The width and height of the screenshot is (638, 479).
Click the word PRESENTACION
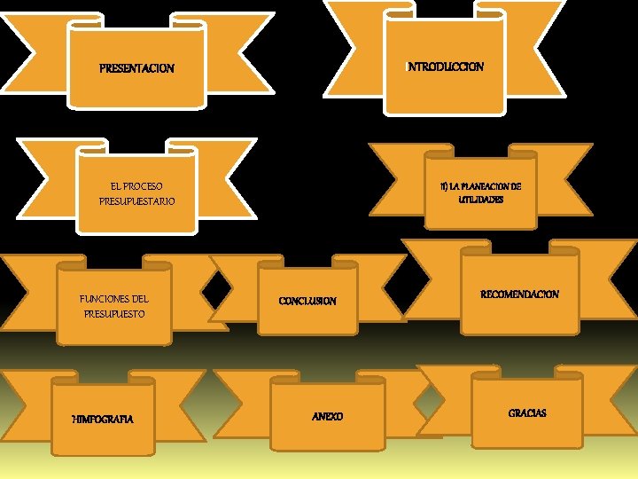point(136,68)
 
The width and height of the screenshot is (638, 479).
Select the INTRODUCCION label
point(445,67)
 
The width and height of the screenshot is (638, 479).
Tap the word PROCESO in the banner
point(144,186)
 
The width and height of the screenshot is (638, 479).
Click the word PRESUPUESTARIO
point(137,201)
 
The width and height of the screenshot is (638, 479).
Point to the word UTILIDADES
point(481,200)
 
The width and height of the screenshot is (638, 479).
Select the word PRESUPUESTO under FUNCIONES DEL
point(114,314)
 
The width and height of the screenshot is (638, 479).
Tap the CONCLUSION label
point(307,301)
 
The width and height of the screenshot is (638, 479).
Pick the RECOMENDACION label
point(519,294)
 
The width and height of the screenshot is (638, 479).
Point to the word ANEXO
point(328,416)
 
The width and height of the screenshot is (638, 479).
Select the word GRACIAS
point(527,413)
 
